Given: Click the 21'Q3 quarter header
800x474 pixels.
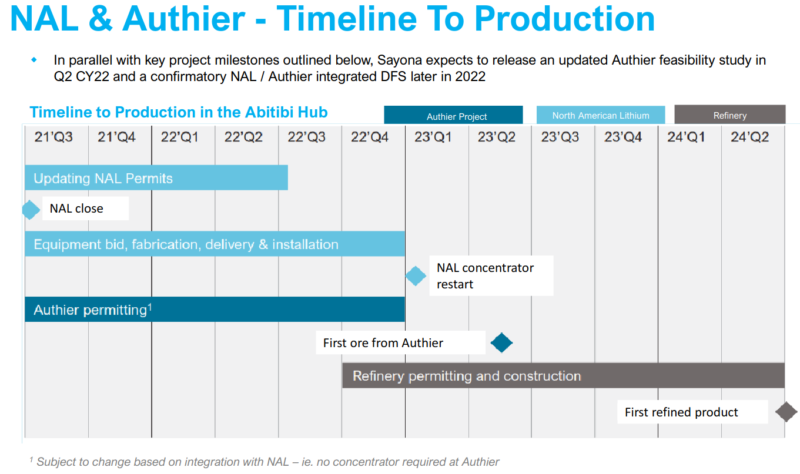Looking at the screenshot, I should click(53, 137).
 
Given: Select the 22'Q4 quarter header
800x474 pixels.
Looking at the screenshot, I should click(370, 137).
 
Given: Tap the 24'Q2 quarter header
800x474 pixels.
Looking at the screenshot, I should click(749, 137).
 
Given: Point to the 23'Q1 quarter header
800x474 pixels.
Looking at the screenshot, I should click(433, 137).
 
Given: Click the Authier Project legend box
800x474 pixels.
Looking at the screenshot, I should click(453, 116).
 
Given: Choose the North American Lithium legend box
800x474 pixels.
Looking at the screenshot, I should click(600, 115).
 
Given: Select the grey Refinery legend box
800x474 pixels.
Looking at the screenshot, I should click(729, 115).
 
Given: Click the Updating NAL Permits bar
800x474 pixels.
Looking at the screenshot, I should click(156, 178).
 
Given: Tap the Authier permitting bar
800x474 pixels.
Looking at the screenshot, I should click(215, 310).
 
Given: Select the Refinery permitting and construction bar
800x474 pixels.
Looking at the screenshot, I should click(563, 376).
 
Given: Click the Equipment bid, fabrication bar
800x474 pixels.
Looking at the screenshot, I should click(215, 244).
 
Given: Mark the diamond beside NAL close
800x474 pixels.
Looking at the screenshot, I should click(29, 209).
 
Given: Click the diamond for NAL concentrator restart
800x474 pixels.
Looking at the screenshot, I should click(416, 275).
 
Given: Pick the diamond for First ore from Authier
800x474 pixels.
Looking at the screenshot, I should click(501, 342).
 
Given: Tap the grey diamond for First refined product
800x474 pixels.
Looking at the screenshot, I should click(786, 412).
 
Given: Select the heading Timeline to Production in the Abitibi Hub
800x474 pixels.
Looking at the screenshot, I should click(179, 112).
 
